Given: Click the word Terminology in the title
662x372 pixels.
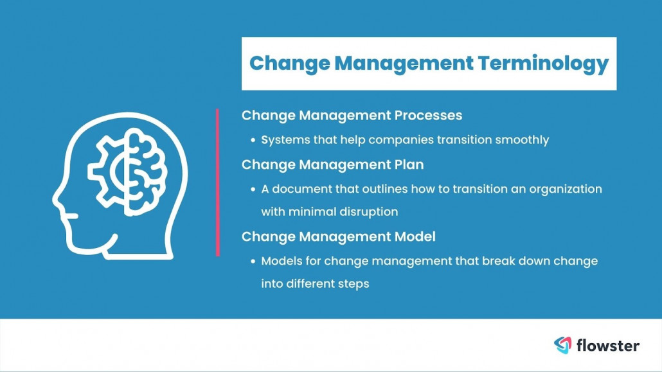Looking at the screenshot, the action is point(543,64).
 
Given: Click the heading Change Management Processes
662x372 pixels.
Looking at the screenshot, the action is point(352,115).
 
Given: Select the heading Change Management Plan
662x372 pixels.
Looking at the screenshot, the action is point(333,164).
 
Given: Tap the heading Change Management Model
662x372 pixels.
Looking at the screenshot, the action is point(339,236).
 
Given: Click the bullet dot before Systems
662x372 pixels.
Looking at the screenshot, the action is point(253,140).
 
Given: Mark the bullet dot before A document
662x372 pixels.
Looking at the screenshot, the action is point(253,190).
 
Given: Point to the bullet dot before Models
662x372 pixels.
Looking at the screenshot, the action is point(253,261).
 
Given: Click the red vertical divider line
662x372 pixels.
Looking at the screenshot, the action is point(217,182).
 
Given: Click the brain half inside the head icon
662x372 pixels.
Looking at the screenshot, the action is point(147,172).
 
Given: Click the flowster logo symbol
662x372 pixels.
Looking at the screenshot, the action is point(562,345).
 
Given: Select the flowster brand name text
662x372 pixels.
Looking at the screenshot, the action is point(607,346).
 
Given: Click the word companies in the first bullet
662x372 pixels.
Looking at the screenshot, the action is point(401,140).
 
